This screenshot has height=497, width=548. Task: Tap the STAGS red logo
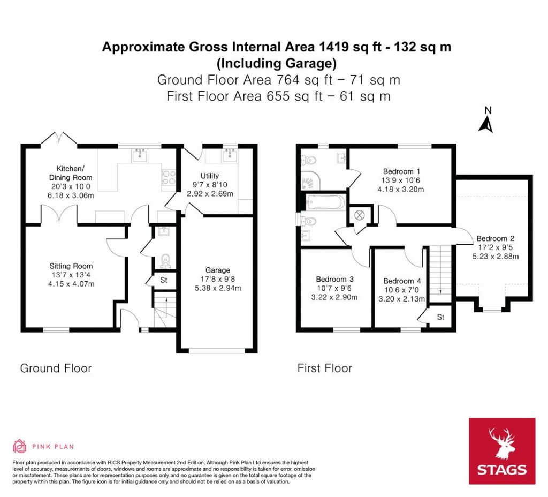[501, 451]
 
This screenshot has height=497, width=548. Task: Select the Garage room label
[217, 270]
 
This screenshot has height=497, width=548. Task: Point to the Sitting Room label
[71, 266]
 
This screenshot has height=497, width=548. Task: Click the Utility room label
[210, 176]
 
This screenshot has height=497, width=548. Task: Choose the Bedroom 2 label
[495, 238]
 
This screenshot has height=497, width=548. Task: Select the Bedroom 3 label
[334, 279]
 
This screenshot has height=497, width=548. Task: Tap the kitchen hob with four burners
[168, 177]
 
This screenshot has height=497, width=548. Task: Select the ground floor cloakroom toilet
[165, 260]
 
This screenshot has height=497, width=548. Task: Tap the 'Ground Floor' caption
[56, 368]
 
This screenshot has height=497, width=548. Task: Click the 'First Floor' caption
[325, 368]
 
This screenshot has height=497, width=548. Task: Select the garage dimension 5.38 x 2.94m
[217, 288]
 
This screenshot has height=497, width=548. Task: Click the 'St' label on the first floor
[440, 317]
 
